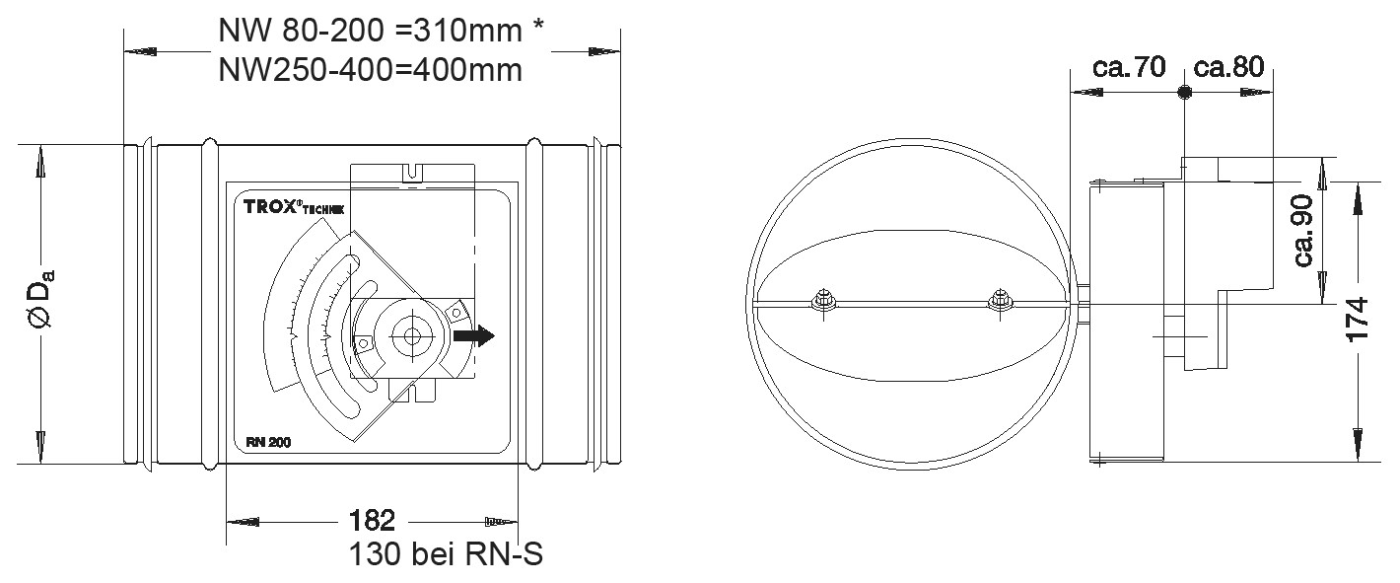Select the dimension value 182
[x=372, y=520]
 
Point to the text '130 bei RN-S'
[x=446, y=554]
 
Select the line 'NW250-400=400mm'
[x=369, y=71]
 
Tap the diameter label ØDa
[x=42, y=302]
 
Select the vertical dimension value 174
[x=1359, y=320]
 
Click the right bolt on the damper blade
[x=1000, y=301]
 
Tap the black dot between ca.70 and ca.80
[x=1184, y=93]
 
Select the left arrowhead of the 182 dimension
[x=240, y=520]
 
